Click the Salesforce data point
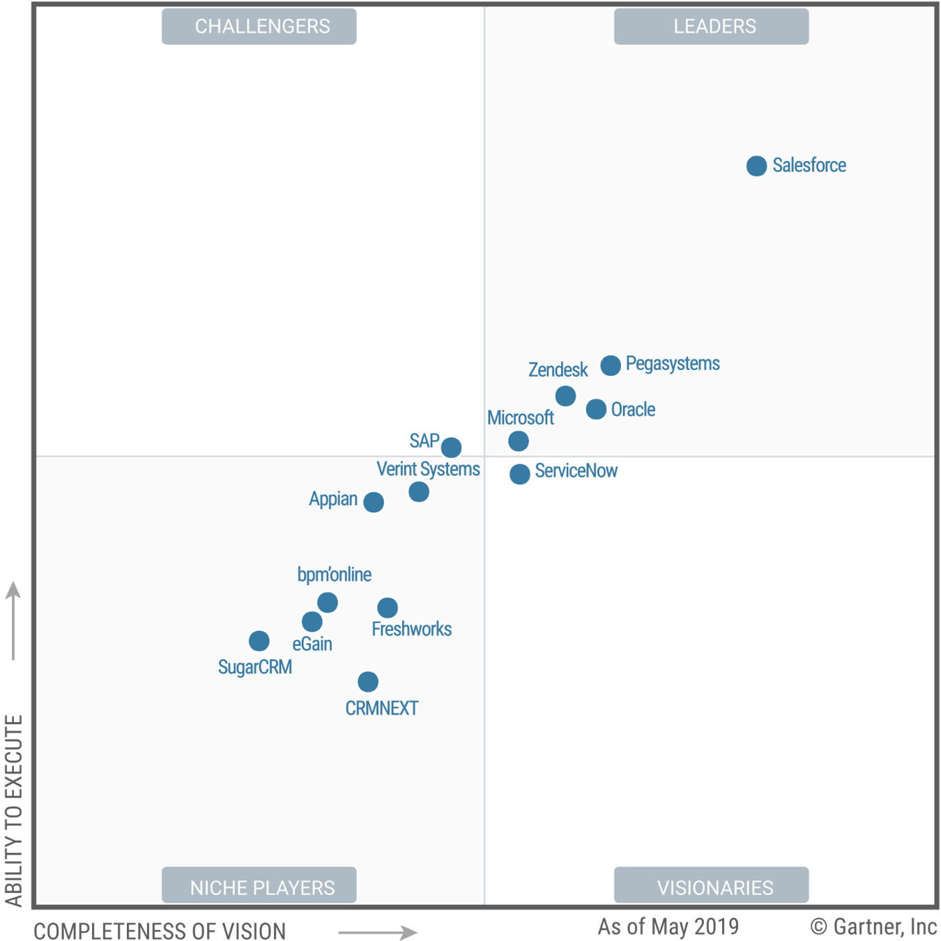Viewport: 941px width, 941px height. (756, 166)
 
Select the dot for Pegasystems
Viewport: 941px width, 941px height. (611, 365)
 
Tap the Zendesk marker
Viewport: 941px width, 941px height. (565, 396)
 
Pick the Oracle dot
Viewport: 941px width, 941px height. (596, 409)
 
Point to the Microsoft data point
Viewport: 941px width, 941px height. (519, 441)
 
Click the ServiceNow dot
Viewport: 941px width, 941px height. (519, 474)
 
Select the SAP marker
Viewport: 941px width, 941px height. (451, 447)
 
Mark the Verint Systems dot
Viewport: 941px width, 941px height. (419, 492)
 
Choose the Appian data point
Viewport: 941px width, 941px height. (374, 502)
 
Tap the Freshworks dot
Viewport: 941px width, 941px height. (388, 608)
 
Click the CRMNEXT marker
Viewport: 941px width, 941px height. (368, 682)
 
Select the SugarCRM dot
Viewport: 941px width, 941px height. (259, 641)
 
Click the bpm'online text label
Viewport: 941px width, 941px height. (334, 575)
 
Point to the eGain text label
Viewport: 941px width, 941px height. (312, 644)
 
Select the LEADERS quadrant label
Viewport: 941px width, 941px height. (711, 26)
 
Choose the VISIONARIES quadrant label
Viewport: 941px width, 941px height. (711, 887)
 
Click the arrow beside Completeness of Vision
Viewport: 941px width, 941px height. (377, 932)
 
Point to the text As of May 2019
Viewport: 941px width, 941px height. (668, 926)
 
